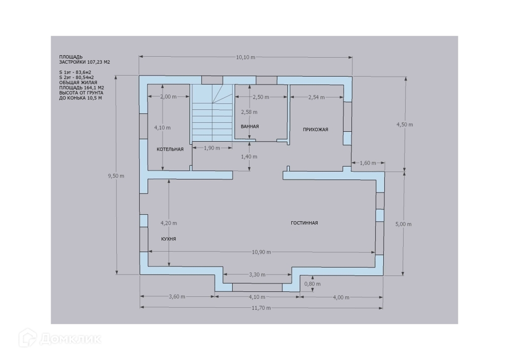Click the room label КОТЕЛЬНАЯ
170,149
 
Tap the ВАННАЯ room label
250,126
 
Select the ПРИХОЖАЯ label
316,129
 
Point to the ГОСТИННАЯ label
304,223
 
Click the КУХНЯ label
169,239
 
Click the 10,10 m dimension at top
245,57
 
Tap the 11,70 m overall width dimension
261,308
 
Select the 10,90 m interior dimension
261,252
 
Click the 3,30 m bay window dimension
256,274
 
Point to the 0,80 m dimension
312,284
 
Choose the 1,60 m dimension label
368,163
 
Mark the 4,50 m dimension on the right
404,125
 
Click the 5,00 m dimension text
403,224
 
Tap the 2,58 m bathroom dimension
249,111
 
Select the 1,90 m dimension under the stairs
212,148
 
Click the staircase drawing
212,113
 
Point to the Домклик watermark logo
62,339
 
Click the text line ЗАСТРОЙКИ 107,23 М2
84,63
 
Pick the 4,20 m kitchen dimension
169,223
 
